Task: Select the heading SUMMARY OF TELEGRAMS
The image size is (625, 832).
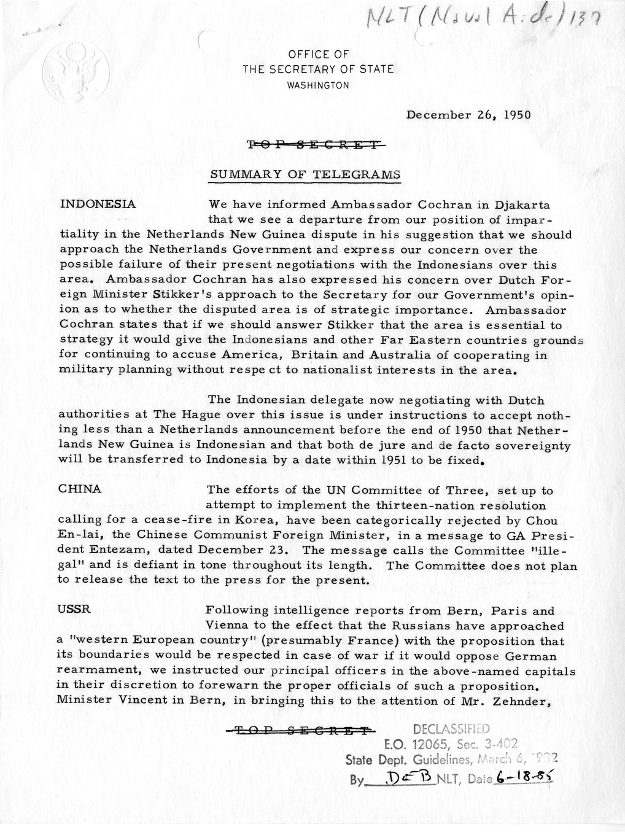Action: click(x=305, y=174)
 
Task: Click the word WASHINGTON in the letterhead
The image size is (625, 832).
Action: click(x=318, y=85)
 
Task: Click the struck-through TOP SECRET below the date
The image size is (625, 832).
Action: click(x=317, y=145)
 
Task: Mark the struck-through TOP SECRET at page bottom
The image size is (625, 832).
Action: click(x=299, y=730)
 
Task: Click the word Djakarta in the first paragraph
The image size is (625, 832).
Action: click(x=522, y=204)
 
